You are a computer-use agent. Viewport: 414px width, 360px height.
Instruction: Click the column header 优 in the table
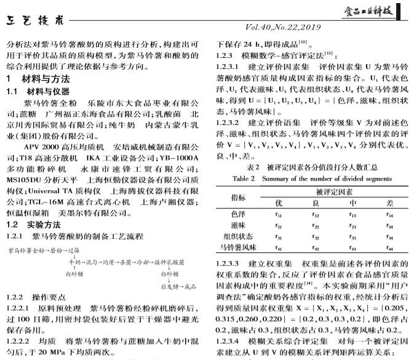(x=279, y=202)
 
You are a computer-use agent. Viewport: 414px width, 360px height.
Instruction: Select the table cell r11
(x=279, y=214)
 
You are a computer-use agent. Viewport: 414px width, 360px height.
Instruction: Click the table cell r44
(x=389, y=248)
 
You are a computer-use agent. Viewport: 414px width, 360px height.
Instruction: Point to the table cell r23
(x=352, y=225)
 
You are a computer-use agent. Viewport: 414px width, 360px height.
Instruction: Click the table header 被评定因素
(x=333, y=191)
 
